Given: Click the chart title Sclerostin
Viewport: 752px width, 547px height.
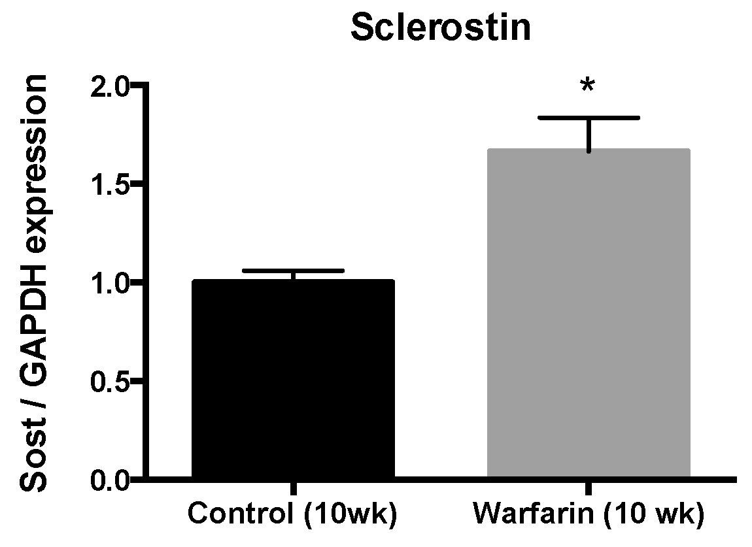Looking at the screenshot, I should click(x=440, y=27).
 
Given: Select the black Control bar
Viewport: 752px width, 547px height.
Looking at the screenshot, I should click(x=292, y=379).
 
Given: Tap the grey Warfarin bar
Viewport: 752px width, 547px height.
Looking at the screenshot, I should click(x=589, y=314).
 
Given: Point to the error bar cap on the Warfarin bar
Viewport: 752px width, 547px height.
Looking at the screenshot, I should click(x=589, y=118).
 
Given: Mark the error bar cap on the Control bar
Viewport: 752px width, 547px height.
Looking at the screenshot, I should click(x=292, y=271).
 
